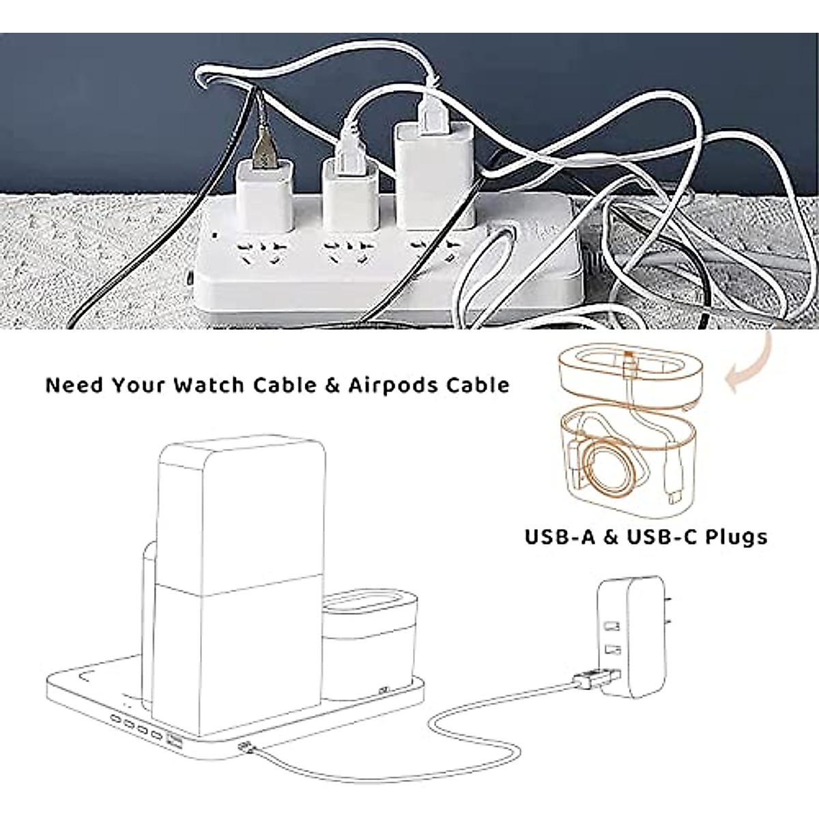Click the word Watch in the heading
[x=208, y=385]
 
